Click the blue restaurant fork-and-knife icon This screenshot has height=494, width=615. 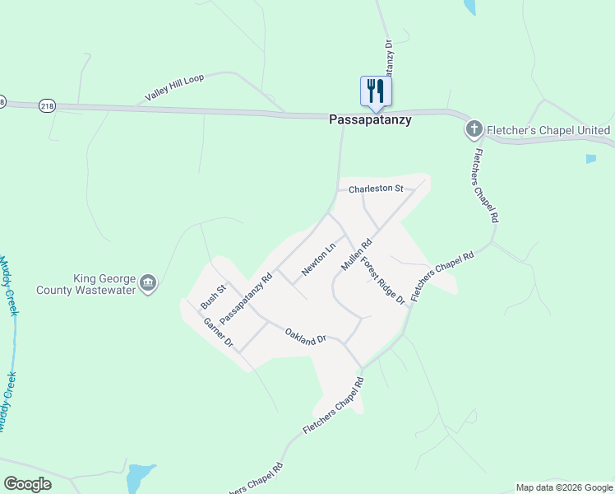[x=376, y=91]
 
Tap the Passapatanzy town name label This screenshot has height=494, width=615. [x=370, y=119]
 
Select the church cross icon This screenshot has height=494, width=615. [x=474, y=129]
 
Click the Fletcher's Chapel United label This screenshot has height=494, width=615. [x=548, y=130]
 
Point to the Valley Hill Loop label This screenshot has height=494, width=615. [x=173, y=87]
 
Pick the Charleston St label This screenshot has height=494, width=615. [x=376, y=189]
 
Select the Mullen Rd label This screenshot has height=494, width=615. [x=357, y=255]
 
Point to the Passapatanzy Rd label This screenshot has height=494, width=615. [x=246, y=298]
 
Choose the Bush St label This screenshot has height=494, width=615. [x=213, y=297]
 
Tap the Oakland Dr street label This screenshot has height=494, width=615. [x=306, y=338]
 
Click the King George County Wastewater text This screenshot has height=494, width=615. [x=86, y=284]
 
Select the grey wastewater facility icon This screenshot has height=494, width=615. [x=148, y=284]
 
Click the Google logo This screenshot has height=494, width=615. [x=27, y=484]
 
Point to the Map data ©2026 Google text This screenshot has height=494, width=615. [x=564, y=487]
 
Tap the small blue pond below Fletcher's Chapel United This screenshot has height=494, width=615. [x=590, y=159]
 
